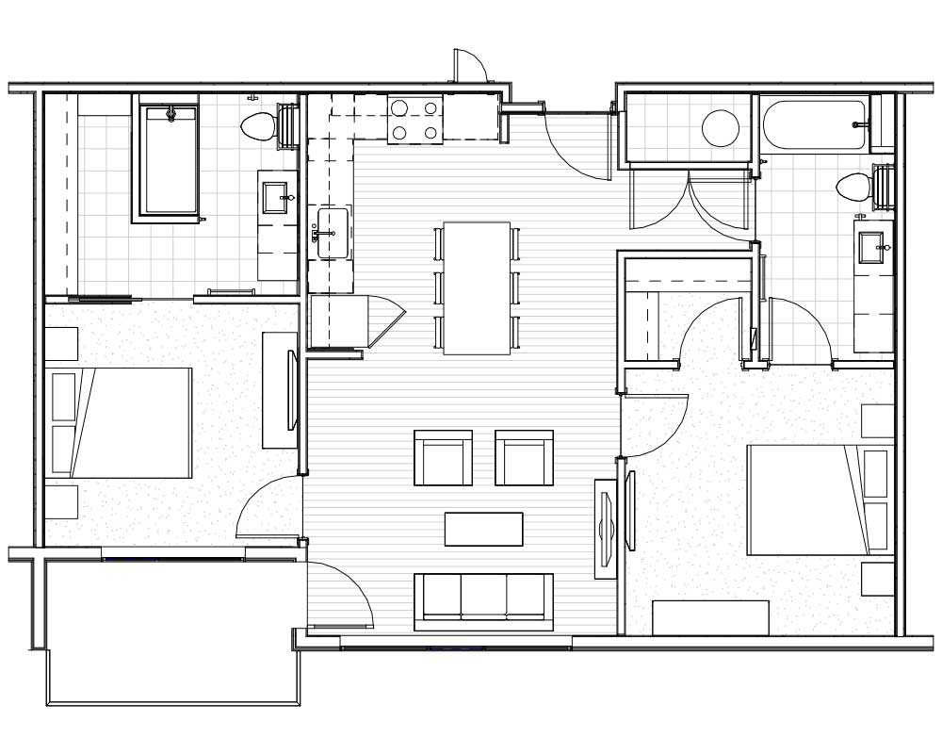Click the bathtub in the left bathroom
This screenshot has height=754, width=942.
coord(170,160)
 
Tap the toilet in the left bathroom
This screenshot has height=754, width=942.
coord(255,125)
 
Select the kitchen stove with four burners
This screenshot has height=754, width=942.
coord(415,120)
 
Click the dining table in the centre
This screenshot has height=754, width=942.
coord(477,288)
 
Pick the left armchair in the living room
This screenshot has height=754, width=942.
coord(443,459)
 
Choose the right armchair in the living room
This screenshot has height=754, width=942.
coord(524,459)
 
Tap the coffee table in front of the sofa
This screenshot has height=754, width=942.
coord(483,529)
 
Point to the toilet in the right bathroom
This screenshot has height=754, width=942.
coord(853,186)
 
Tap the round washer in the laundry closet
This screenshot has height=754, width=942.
coord(721,128)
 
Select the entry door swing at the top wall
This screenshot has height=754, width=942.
coord(469,67)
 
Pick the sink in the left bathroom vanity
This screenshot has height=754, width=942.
coord(275,198)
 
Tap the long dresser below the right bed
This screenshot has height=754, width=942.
coord(710,617)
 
